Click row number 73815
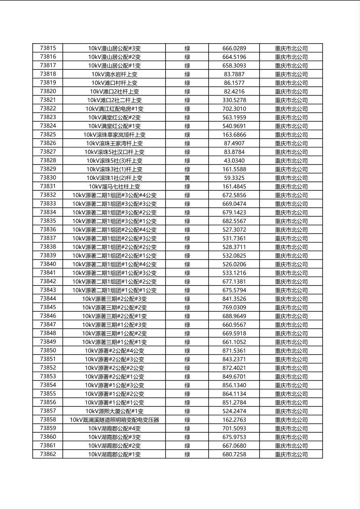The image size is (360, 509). point(48,48)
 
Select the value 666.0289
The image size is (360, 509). point(234,48)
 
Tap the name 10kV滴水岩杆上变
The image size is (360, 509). point(114,74)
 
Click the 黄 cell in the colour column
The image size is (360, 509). point(187,178)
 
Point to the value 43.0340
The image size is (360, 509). point(234,161)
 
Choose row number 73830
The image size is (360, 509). point(48,178)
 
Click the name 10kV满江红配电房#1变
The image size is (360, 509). point(114,109)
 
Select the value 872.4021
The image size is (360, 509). point(234,368)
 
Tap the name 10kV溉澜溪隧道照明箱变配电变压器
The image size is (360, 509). point(114,420)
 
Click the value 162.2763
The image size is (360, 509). point(234,420)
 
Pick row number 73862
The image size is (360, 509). point(48,454)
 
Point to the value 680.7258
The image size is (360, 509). point(234,454)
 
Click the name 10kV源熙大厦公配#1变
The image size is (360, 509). point(114,411)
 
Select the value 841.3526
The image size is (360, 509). point(234,299)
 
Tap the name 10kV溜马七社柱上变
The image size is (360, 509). point(114,186)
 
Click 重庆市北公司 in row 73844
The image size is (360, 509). point(291,299)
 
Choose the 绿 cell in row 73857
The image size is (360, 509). point(187,411)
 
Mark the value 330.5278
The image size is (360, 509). point(234,100)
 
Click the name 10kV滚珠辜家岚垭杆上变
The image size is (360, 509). point(114,135)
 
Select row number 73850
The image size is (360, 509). point(48,350)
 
